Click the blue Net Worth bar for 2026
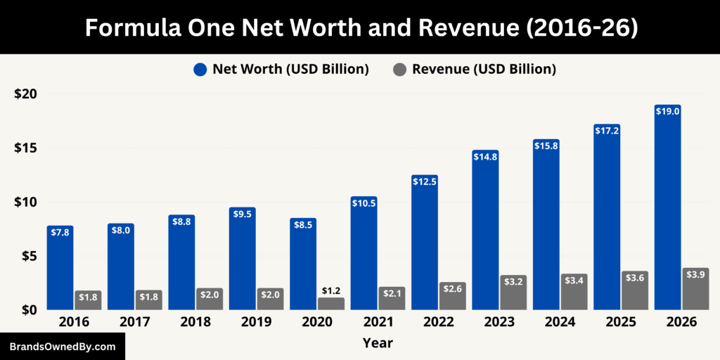tap(667, 211)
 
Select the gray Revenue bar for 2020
tap(331, 304)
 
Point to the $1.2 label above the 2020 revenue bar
tap(331, 290)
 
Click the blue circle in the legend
tap(200, 70)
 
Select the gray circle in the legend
tap(399, 70)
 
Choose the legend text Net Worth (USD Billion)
tap(291, 70)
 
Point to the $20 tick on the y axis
tap(26, 94)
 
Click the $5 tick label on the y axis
tap(30, 256)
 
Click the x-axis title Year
tap(378, 343)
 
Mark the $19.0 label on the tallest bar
tap(667, 111)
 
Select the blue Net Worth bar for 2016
tap(60, 271)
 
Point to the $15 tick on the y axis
tap(26, 148)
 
